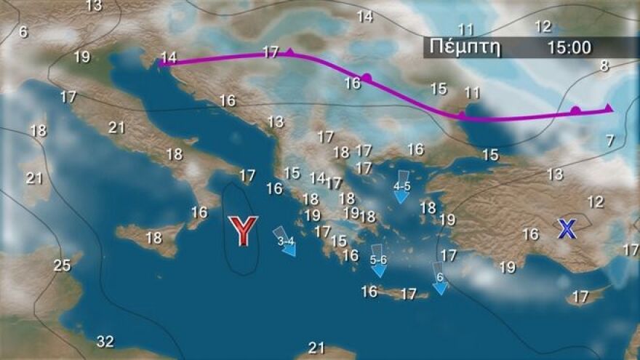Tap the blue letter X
pos(567,229)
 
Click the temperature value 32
pos(105,341)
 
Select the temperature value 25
pos(63,265)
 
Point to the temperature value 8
pos(604,66)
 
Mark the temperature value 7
pos(610,141)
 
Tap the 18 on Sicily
pos(153,238)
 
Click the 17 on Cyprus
pos(580,297)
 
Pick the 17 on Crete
pos(409,294)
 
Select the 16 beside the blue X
pos(531,234)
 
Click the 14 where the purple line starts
pos(169,57)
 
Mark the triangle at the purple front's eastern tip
pos(609,108)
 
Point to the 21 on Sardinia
pos(34,178)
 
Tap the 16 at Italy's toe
pos(199,212)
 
